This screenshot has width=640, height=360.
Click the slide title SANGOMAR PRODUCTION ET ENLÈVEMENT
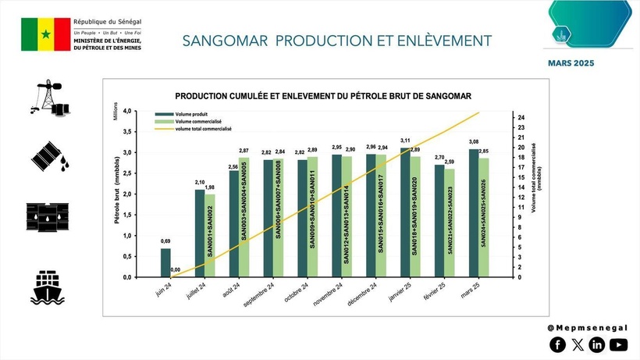point(336,40)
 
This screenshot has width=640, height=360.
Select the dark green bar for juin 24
point(165,262)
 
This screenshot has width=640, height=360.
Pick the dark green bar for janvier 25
point(405,212)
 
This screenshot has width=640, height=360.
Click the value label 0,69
point(165,242)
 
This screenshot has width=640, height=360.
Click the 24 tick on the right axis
point(521,118)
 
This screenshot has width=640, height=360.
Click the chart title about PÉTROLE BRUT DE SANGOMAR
point(317,96)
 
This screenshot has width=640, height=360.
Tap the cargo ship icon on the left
point(49,287)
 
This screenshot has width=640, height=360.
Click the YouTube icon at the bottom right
point(618,344)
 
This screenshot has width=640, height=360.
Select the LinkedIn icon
point(598,344)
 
